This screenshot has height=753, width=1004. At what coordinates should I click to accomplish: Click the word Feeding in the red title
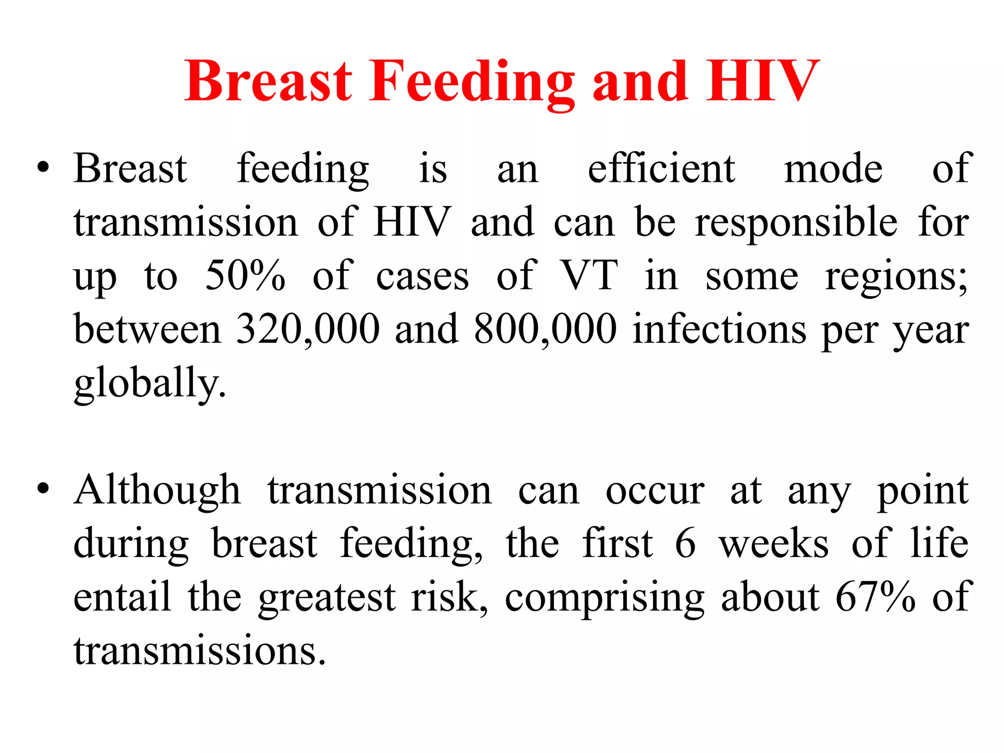click(472, 81)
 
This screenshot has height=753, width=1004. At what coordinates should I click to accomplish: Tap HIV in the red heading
click(762, 80)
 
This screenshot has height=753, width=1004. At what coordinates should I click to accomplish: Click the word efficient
click(661, 168)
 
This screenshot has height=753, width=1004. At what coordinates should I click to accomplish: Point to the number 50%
click(245, 276)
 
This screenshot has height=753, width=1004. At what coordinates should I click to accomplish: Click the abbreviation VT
click(588, 276)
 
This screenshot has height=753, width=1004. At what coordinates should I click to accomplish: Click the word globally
click(150, 383)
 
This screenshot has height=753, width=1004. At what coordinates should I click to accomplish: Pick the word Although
click(157, 490)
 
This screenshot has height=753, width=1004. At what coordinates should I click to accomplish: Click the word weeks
click(774, 544)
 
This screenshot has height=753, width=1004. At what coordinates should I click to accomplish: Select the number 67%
click(875, 597)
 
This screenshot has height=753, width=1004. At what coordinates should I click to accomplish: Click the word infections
click(719, 329)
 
